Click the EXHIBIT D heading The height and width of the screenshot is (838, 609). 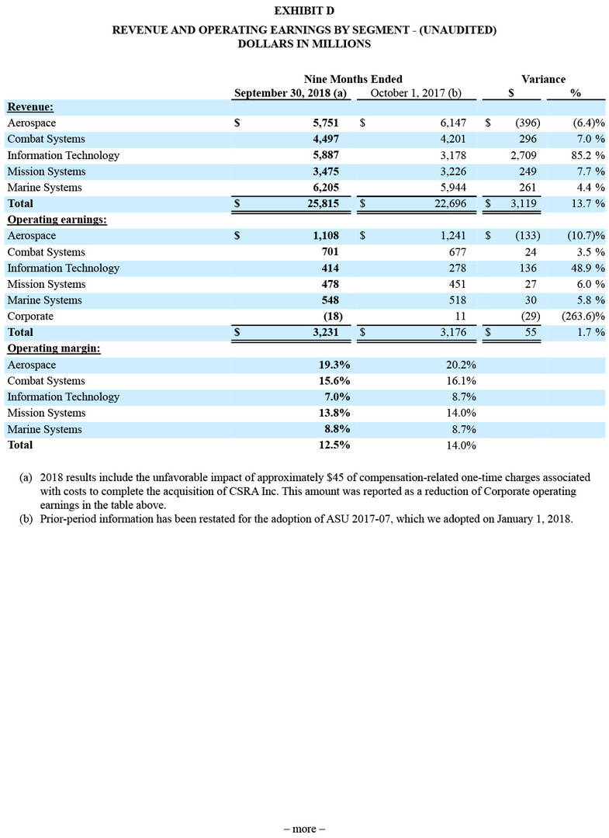click(304, 12)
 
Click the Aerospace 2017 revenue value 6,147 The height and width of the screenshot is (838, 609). click(448, 123)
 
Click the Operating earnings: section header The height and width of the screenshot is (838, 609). click(57, 220)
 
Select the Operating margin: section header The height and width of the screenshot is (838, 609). click(54, 348)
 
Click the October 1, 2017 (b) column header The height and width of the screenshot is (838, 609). click(416, 93)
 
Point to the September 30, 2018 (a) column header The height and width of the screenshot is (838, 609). click(291, 93)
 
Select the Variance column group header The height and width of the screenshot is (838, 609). click(543, 79)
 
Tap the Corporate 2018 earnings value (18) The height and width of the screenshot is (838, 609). click(329, 317)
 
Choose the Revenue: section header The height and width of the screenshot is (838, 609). click(30, 107)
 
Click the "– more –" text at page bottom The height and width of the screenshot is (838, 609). click(304, 829)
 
